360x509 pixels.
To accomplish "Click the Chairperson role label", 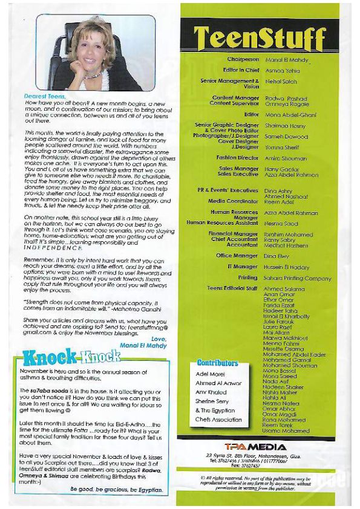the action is (x=243, y=60).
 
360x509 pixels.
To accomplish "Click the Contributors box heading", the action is (x=217, y=363).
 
